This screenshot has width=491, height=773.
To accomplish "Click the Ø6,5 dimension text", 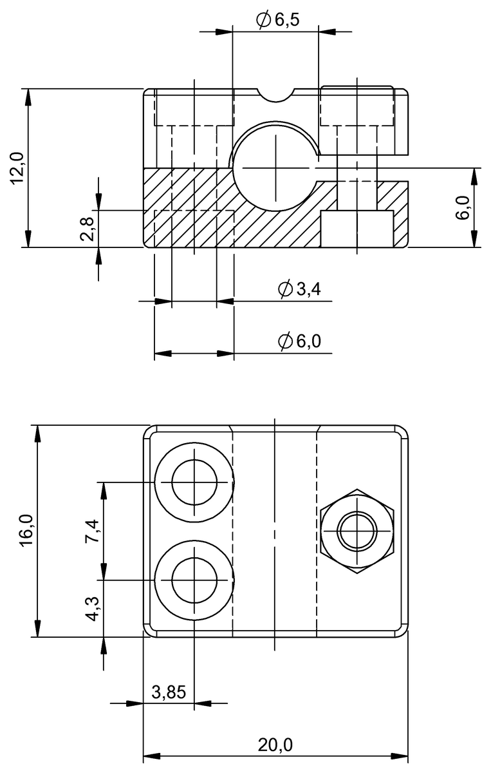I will point(277,20).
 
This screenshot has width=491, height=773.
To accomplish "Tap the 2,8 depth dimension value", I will point(88,229).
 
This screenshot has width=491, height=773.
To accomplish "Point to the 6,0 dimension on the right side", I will point(463,208).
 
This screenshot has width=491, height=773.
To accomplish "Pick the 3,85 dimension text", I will point(169,692).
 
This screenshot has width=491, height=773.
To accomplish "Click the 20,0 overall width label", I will point(275,745).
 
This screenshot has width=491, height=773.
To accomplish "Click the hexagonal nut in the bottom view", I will point(358,531).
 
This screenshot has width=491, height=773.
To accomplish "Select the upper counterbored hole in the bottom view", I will point(194,482).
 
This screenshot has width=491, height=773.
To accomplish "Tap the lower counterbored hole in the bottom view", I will point(194,580).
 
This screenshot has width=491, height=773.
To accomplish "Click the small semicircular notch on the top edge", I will point(276,94).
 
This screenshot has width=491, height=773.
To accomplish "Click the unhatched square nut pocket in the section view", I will point(357,229).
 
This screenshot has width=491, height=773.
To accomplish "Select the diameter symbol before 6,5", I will point(263,20).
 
